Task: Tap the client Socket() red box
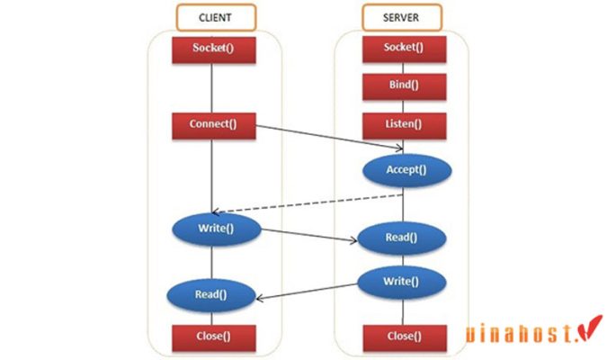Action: pos(214,49)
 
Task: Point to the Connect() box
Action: pos(214,124)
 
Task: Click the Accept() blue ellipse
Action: pos(407,169)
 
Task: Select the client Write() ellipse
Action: pos(216,229)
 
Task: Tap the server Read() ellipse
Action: pos(401,238)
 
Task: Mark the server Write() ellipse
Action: pos(401,282)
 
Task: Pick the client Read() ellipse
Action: pos(210,293)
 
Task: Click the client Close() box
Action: pos(214,337)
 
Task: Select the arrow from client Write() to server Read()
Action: pos(310,236)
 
